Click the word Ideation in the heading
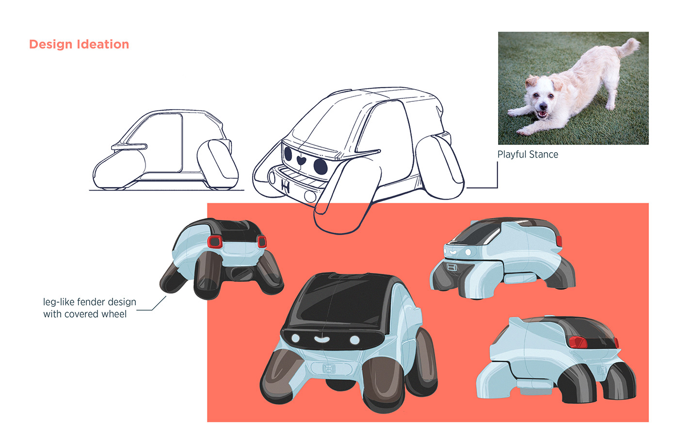click(x=103, y=44)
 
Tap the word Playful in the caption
click(x=511, y=155)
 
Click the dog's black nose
click(x=543, y=107)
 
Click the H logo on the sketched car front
click(x=286, y=185)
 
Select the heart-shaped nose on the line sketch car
click(x=301, y=159)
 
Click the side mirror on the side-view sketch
click(x=129, y=146)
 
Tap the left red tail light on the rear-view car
click(x=215, y=242)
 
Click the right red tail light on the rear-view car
click(x=262, y=242)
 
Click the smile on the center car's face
click(x=322, y=339)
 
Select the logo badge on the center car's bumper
click(x=329, y=368)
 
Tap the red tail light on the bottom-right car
click(x=578, y=342)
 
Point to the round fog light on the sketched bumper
click(x=310, y=196)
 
